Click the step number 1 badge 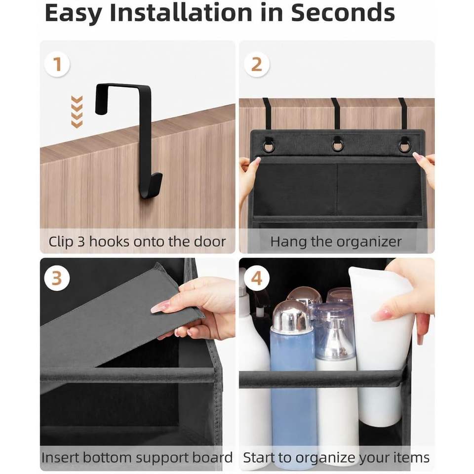click(57, 64)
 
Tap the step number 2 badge click(256, 64)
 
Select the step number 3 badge click(57, 278)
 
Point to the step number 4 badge click(256, 278)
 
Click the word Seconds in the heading click(343, 13)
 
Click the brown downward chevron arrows click(77, 112)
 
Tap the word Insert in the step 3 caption click(60, 457)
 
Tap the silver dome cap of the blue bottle click(291, 316)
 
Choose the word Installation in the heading click(181, 13)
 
